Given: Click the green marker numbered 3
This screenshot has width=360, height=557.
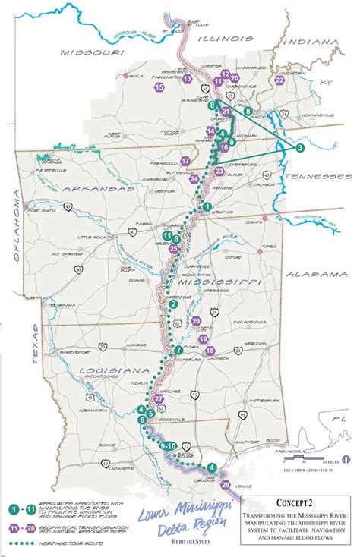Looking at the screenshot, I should (x=301, y=147).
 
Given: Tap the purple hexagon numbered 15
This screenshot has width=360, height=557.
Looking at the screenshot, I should (x=159, y=88).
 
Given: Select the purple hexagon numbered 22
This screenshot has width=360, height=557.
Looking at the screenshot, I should (x=279, y=80).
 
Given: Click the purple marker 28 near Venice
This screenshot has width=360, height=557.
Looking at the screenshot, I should (x=225, y=484).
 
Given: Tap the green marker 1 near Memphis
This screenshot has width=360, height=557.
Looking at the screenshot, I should (x=206, y=206).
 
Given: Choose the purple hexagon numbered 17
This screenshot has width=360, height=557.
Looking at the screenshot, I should (x=186, y=161).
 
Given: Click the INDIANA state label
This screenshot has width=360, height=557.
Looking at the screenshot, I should (x=312, y=42).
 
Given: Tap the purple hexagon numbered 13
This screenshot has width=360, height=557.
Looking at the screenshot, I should (x=188, y=77).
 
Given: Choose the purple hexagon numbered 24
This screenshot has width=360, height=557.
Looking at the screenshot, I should (x=195, y=179).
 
